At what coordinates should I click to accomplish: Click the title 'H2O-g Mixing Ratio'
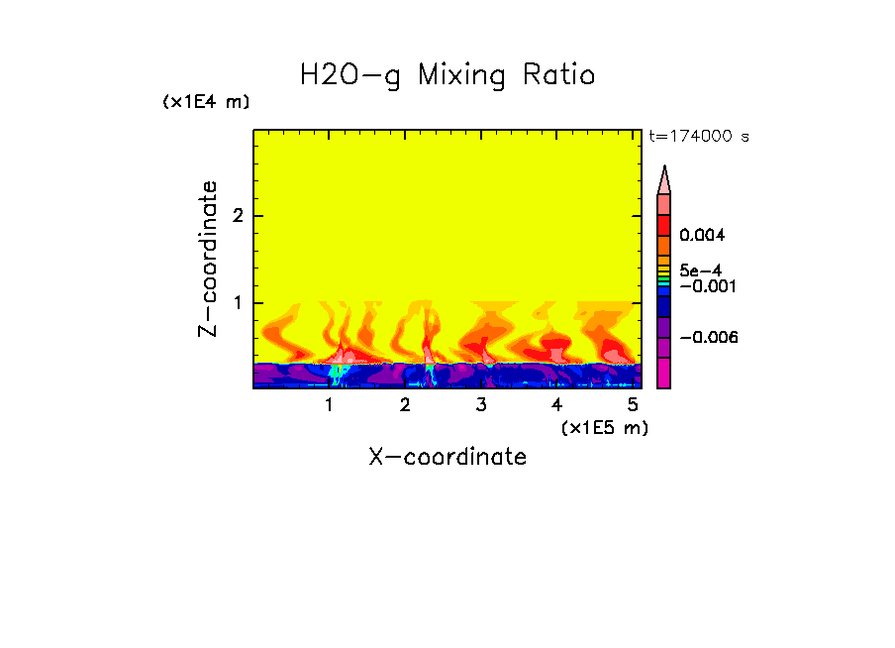pos(447,75)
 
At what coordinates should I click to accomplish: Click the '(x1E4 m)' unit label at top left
pos(206,102)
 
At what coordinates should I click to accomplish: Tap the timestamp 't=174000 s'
pos(698,136)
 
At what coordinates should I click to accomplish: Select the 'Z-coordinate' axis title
pos(208,259)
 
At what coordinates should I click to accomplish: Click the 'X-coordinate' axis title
pos(447,457)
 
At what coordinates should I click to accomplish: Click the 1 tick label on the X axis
pos(329,405)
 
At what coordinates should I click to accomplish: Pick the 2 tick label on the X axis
pos(405,405)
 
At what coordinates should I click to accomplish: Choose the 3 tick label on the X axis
pos(481,405)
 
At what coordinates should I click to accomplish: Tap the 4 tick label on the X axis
pos(556,405)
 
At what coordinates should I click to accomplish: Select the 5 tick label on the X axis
pos(633,405)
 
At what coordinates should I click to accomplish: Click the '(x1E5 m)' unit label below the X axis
pos(604,427)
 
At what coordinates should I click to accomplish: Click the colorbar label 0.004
pos(703,236)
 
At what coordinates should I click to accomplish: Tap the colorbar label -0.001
pos(704,286)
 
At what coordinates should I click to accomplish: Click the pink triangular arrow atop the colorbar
pos(664,179)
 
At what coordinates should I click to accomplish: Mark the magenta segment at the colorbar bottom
pos(664,374)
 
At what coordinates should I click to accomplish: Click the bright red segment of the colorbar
pos(664,224)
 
